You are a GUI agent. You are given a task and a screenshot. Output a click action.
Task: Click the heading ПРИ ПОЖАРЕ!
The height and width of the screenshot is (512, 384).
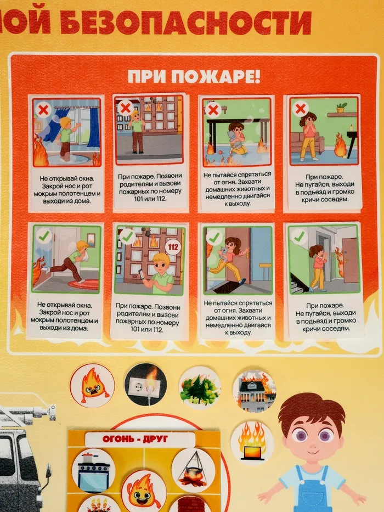click(x=194, y=77)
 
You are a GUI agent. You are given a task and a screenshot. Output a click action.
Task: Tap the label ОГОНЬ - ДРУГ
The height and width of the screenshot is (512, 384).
click(x=135, y=439)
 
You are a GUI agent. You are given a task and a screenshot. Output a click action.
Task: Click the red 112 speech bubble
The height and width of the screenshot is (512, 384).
click(x=173, y=247)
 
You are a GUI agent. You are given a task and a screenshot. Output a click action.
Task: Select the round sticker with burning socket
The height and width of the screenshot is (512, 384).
click(x=145, y=384)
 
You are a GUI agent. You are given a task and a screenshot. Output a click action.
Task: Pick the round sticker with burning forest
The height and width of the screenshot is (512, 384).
click(x=200, y=387)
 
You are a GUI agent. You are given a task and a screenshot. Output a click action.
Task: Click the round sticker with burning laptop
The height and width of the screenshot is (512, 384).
click(x=252, y=443)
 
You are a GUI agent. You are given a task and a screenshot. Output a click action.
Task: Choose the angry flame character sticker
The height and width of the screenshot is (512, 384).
click(x=92, y=386)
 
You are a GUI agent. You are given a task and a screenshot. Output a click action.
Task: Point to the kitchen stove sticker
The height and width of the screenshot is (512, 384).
click(x=93, y=471)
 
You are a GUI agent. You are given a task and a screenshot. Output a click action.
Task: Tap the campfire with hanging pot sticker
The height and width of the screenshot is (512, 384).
click(x=193, y=470)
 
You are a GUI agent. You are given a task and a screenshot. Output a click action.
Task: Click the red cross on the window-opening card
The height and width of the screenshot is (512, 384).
click(x=43, y=110)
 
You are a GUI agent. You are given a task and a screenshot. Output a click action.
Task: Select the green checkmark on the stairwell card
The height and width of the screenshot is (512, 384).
click(x=299, y=237)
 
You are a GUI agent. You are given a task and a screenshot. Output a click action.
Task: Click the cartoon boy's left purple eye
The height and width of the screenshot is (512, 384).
click(x=300, y=435)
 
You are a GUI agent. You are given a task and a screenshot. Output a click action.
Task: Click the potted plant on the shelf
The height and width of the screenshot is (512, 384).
click(x=342, y=108)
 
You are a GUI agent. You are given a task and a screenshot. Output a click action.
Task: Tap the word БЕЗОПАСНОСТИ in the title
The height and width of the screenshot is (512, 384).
click(x=186, y=21)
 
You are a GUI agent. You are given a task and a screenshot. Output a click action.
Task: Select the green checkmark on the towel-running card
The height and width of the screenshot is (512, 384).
click(x=44, y=235)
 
